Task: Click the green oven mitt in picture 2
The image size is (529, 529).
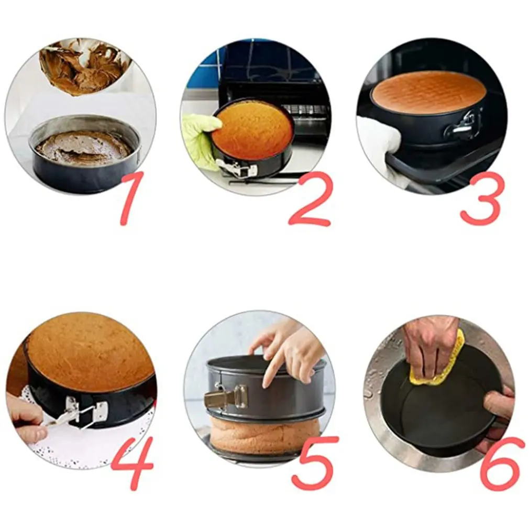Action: point(200,137)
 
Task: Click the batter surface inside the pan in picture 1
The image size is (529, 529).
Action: point(84,148)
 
